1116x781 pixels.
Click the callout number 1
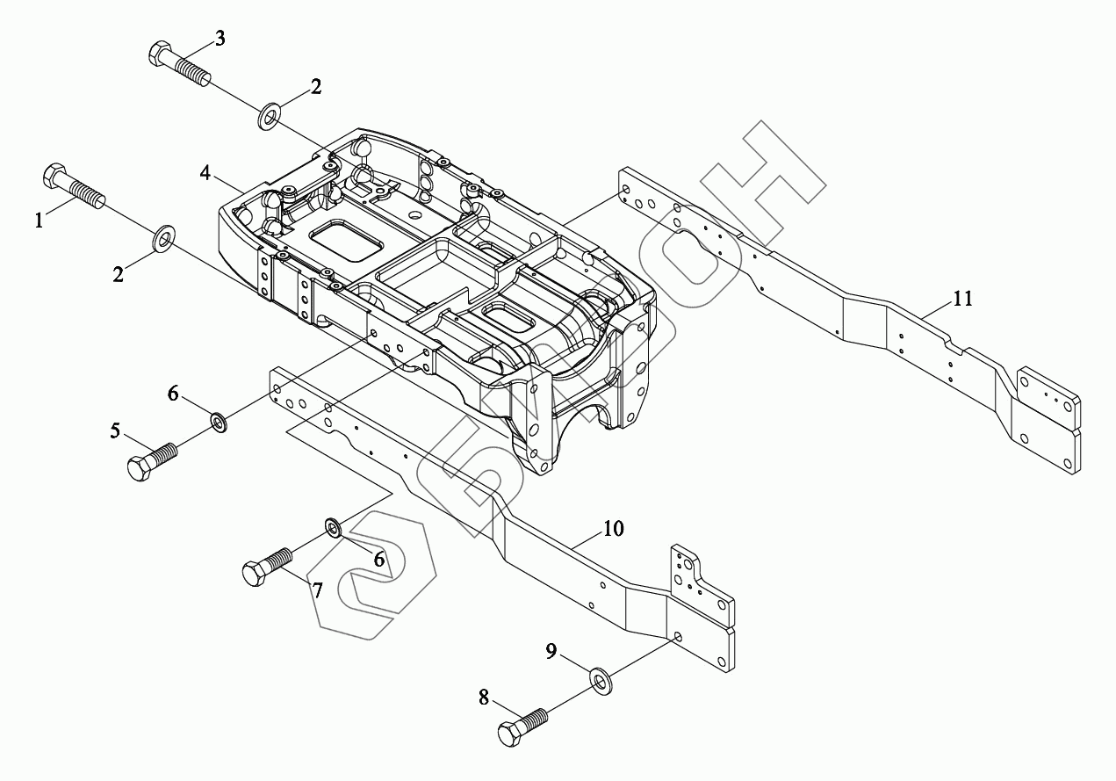point(40,221)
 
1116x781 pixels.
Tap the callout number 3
point(220,38)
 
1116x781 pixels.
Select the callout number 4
point(205,172)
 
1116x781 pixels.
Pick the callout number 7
point(317,590)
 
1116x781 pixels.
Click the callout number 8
point(484,698)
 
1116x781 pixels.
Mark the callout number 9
point(551,651)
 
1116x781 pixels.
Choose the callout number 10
point(613,529)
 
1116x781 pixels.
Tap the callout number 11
point(963,299)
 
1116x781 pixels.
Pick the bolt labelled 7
point(265,568)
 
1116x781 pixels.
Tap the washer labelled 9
point(601,679)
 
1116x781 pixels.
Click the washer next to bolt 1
point(164,237)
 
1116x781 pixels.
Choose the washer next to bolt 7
point(334,527)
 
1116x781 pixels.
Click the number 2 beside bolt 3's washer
point(315,86)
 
